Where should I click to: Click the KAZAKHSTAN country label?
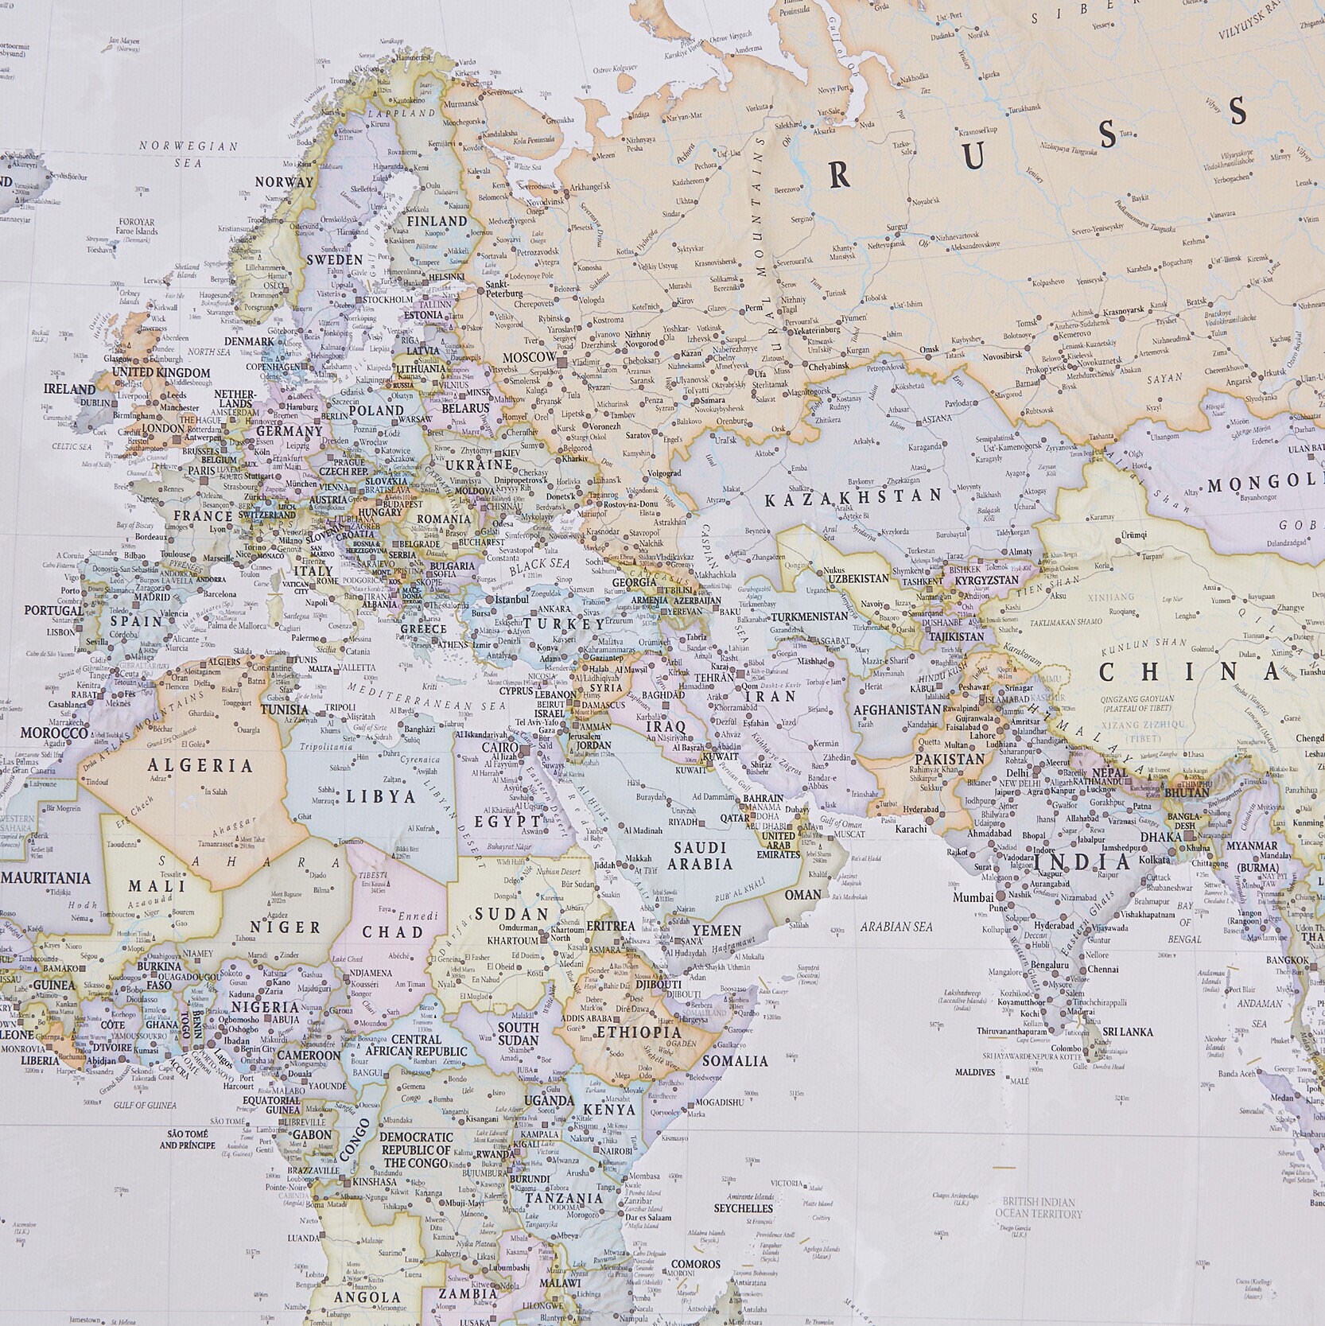(853, 498)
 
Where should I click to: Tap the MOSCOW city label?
(529, 358)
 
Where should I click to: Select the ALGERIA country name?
(200, 766)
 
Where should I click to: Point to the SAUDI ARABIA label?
(700, 855)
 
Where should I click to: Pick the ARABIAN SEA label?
(896, 927)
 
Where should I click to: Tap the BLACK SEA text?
(540, 566)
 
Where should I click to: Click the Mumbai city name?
(973, 897)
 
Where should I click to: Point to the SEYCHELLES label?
(743, 1207)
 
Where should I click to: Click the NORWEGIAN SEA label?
(188, 154)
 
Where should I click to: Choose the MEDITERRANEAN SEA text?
(426, 698)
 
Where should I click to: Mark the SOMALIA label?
(736, 1060)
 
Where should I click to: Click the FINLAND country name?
(437, 221)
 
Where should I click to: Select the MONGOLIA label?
(1265, 484)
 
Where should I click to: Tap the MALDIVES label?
(974, 1072)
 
